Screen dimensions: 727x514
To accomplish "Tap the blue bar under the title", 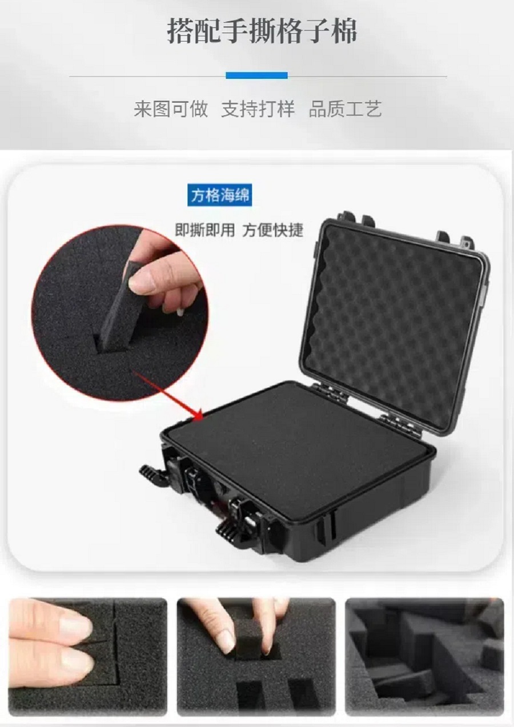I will pyautogui.click(x=256, y=75).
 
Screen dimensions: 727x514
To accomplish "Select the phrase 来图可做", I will pyautogui.click(x=171, y=109).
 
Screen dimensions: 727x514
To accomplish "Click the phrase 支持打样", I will pyautogui.click(x=258, y=109).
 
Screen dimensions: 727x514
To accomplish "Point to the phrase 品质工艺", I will pyautogui.click(x=345, y=109).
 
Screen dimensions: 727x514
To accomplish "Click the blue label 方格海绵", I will pyautogui.click(x=220, y=195).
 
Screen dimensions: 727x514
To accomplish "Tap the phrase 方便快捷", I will pyautogui.click(x=273, y=230).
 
